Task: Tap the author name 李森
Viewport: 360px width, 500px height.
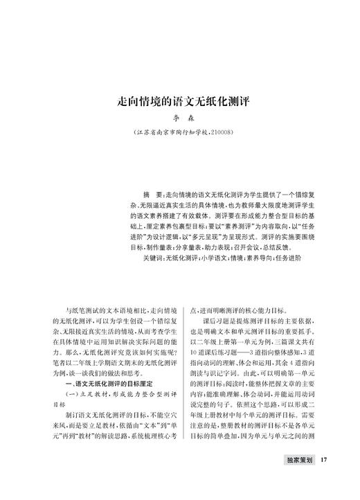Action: (179, 118)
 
